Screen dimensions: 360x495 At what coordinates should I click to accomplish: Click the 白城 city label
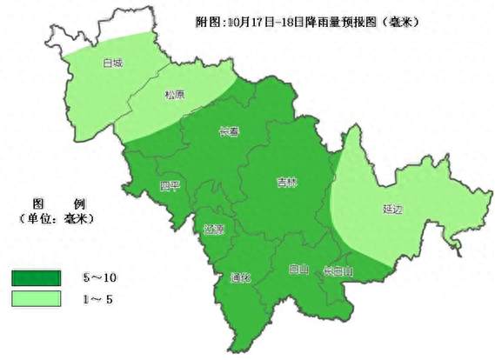111,63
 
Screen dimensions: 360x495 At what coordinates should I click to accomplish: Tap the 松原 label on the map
174,97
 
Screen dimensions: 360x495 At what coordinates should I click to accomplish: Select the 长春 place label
230,132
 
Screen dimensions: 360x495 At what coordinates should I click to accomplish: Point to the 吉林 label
287,183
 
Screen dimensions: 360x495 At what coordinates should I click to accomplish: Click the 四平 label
170,185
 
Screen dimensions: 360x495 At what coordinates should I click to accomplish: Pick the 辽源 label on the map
214,230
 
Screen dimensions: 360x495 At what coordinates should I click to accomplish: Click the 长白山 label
338,270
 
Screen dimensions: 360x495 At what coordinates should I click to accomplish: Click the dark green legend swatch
36,277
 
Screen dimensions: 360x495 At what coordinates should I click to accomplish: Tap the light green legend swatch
36,298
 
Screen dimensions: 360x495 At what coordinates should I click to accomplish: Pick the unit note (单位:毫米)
55,217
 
